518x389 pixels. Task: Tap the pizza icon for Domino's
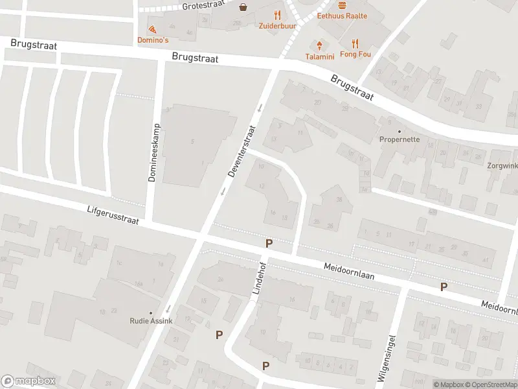[152, 30]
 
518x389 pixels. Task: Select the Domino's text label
[153, 40]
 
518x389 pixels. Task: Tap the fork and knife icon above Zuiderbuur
[277, 16]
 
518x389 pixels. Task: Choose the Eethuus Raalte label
[342, 16]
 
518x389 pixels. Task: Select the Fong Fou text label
[355, 55]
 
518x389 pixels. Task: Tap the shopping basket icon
[243, 8]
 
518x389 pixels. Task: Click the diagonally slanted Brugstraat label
[352, 88]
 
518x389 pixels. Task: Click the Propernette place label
[400, 139]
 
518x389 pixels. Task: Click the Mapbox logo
[28, 381]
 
